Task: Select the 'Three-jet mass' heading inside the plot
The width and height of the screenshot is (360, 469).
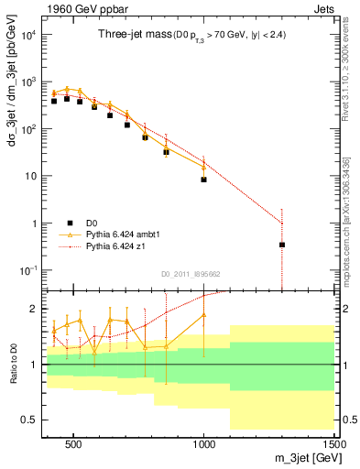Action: coord(131,35)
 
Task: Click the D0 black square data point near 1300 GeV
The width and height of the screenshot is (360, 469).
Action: coord(282,245)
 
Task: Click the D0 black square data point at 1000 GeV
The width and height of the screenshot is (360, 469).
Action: coord(203,180)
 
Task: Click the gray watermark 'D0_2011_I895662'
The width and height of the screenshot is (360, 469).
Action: coord(190,273)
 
